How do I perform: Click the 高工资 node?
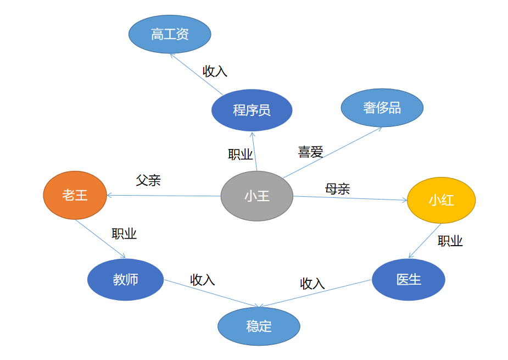coord(170,34)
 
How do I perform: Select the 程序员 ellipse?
coord(252,110)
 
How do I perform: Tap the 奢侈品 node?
coord(382,108)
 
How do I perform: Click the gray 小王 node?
coord(256,196)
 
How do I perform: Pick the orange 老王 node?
coord(75,195)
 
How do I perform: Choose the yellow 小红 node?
coord(441,200)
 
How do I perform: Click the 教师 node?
coord(125,279)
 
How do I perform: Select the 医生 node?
coord(408,279)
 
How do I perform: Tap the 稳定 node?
coord(259,326)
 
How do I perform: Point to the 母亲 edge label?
coord(337,189)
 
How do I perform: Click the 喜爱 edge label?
coord(310,152)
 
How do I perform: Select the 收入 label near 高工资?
coord(215,71)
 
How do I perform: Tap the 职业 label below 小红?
coord(450,241)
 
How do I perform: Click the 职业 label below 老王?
coord(124,234)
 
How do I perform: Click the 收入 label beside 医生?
coord(312,283)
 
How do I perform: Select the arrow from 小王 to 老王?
coord(165,196)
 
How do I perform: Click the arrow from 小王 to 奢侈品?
coord(333,153)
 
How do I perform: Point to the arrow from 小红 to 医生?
coord(425,241)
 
